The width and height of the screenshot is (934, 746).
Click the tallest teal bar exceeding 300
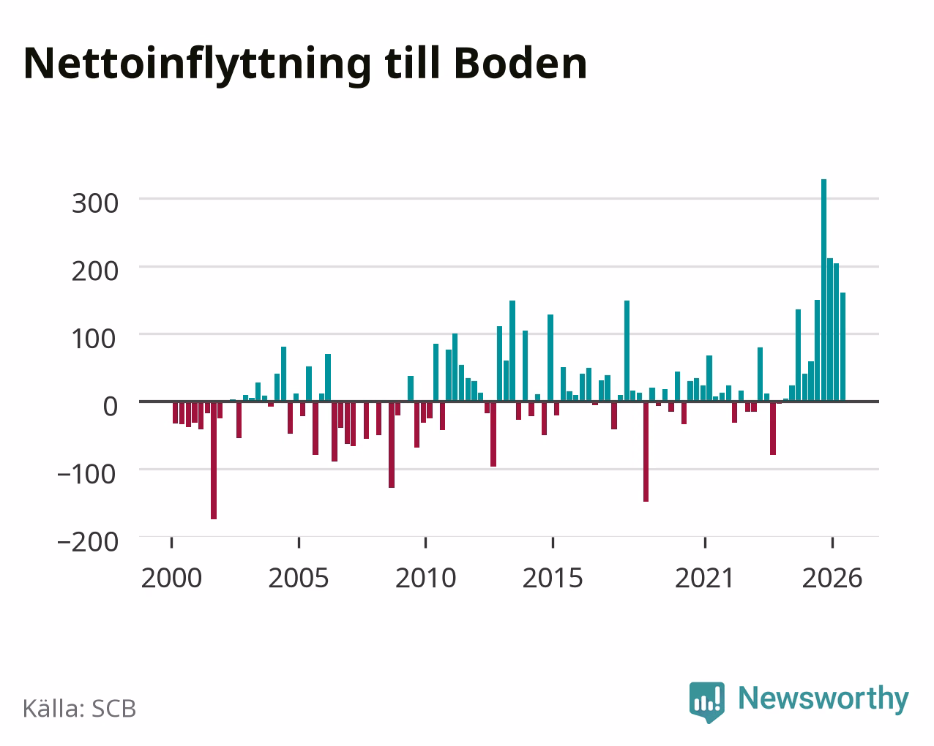coord(823,290)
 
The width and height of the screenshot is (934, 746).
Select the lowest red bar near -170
coord(214,460)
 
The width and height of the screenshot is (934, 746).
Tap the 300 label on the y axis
coord(95,203)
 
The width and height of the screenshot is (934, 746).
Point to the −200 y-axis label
coord(88,542)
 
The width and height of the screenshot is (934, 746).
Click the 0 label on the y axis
coord(111,407)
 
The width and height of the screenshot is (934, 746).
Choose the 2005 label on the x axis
coord(299,578)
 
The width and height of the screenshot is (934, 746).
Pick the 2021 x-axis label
coord(704,578)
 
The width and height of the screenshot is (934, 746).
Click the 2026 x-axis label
coord(832,578)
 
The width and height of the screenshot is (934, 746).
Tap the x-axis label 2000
coord(172,578)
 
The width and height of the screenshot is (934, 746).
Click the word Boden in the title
coord(520,64)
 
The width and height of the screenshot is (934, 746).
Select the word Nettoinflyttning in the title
coord(198,66)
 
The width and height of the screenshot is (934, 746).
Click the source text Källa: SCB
coord(80,709)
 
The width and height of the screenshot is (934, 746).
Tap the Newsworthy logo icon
coord(706,701)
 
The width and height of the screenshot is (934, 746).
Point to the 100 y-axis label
coord(94,339)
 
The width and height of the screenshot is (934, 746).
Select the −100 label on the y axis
coord(87,475)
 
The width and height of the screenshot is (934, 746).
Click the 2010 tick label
coord(426,578)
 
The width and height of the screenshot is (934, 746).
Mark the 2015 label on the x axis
coord(553,578)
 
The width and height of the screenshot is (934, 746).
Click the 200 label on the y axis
coord(95,271)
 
